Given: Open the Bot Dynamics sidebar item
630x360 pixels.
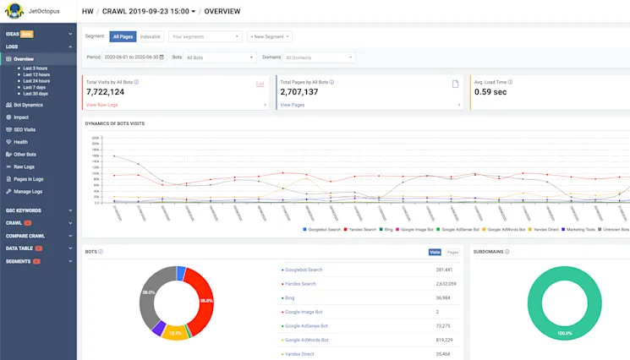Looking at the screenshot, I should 28,105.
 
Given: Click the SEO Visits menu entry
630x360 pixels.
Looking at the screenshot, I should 25,129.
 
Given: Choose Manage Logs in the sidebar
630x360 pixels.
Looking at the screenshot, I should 28,191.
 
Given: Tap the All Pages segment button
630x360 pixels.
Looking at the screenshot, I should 123,37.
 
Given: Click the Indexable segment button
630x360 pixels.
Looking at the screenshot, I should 150,37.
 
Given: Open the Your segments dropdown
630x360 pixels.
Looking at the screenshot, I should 205,37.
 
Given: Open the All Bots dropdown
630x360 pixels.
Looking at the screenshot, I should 219,57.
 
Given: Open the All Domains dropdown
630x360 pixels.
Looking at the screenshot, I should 318,57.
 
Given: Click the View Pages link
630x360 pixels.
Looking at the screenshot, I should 292,105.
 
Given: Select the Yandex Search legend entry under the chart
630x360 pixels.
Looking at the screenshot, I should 362,229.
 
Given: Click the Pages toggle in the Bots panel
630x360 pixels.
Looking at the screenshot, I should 452,252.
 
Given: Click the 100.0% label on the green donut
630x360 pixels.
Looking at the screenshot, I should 563,334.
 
